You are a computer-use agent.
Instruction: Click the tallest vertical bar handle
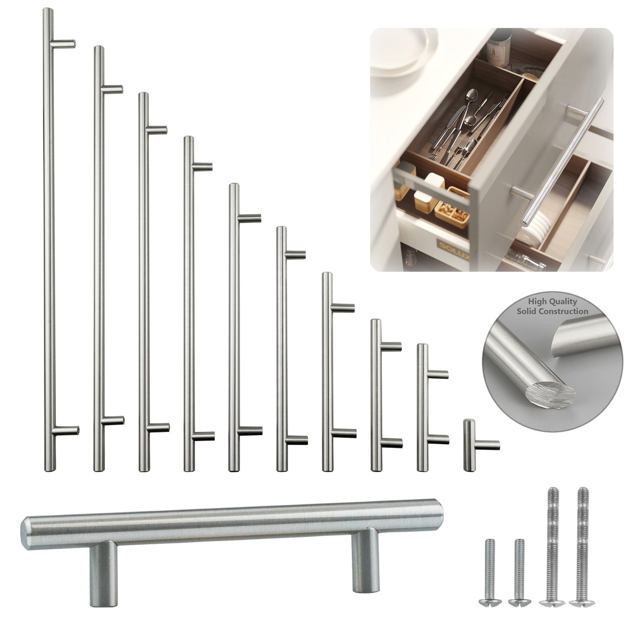(47, 237)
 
